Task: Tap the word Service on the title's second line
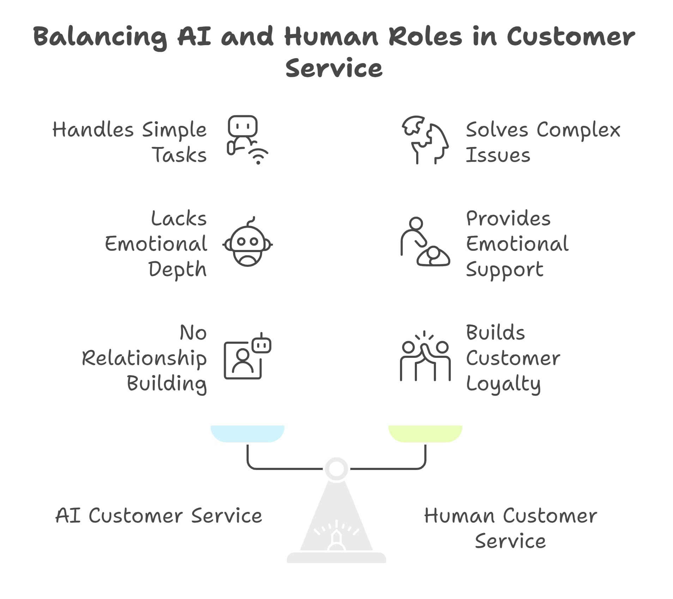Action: tap(334, 69)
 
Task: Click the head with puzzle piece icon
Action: tap(425, 140)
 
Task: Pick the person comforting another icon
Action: tap(425, 242)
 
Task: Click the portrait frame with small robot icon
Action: tap(247, 356)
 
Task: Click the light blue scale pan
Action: tap(247, 434)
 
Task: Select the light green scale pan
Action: tap(425, 434)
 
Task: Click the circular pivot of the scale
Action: tap(336, 469)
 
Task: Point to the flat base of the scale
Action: tap(336, 558)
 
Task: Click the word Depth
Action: tap(177, 270)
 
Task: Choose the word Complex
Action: tap(578, 130)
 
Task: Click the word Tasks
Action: tap(179, 155)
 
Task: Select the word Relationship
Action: tap(144, 359)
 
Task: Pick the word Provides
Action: tap(508, 219)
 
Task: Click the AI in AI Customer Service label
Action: tap(68, 516)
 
